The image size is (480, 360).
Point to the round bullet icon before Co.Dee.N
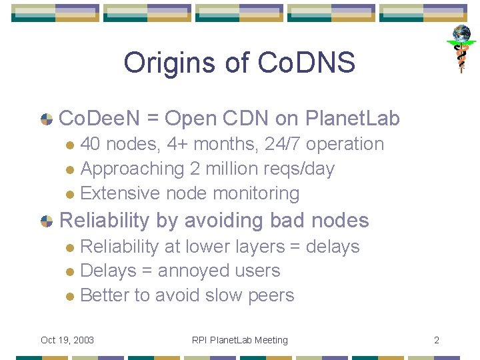coord(47,119)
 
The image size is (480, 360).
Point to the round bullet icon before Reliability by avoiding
coord(47,221)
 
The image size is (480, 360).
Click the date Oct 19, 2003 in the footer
coord(67,340)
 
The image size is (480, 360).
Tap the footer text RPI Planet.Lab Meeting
coord(239,340)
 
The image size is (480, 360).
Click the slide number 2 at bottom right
coord(437,340)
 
